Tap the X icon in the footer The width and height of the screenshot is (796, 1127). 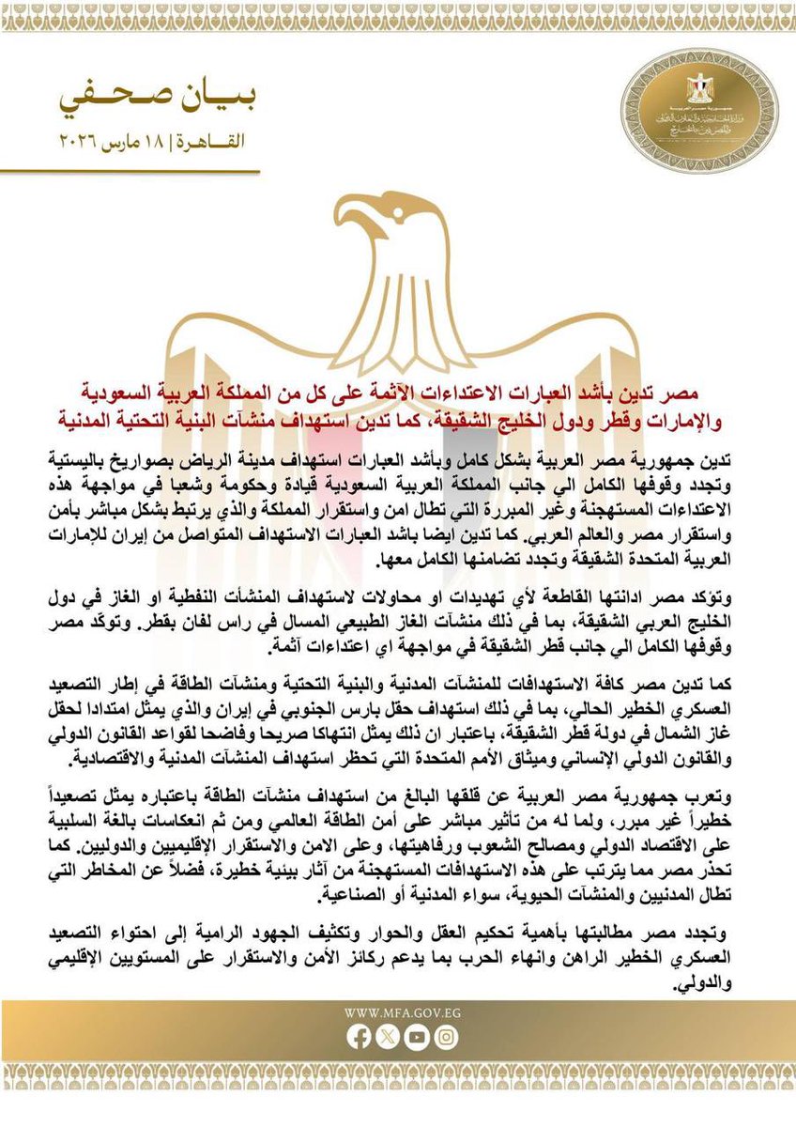coord(387,1038)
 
